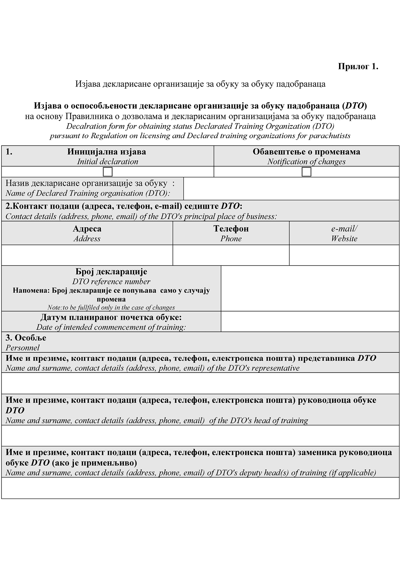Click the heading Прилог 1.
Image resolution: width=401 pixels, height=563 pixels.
point(358,66)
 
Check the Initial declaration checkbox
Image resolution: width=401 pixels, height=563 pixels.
point(107,172)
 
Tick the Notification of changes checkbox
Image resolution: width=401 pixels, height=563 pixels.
point(306,172)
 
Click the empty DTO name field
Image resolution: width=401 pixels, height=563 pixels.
point(291,189)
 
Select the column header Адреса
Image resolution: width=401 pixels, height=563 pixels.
point(87,229)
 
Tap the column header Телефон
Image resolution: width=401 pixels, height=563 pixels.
point(231,229)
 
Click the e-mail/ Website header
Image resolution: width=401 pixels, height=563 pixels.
point(344,233)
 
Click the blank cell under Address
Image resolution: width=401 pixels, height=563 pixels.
point(87,255)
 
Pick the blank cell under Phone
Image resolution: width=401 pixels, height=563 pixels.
point(231,255)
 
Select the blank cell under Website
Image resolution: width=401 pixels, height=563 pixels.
point(344,255)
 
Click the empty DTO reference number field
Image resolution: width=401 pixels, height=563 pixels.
point(310,288)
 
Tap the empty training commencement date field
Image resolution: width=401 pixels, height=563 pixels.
point(310,322)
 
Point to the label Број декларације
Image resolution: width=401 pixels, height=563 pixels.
point(111,271)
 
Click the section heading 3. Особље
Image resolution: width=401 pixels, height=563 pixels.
point(26,337)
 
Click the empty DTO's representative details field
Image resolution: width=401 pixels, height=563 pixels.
point(200,383)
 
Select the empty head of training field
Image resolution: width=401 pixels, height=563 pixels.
point(200,435)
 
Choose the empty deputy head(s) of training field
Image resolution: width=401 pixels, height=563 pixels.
point(200,488)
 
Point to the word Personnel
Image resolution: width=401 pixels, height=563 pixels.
point(22,348)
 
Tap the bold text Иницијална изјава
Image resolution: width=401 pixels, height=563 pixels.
point(106,151)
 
